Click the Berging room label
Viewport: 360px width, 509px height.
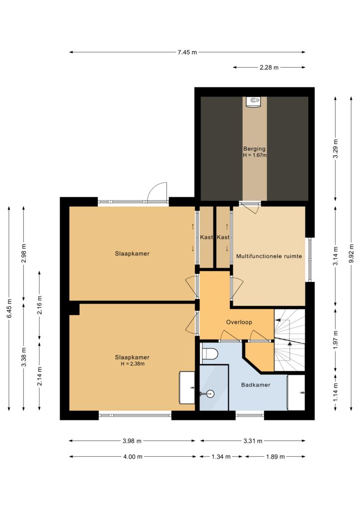click(254, 149)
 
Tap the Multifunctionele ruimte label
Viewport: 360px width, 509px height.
click(269, 256)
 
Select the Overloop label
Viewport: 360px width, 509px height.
click(239, 322)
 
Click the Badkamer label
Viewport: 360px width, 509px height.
click(256, 385)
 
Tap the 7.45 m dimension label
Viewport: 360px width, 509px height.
click(187, 52)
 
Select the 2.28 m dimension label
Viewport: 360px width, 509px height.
click(269, 68)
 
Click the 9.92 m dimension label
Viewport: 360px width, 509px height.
click(351, 253)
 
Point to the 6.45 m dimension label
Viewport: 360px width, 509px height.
click(9, 308)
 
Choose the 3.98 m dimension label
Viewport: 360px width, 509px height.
click(132, 441)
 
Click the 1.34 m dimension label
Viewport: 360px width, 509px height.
click(221, 457)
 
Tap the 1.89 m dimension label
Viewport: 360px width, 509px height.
click(275, 457)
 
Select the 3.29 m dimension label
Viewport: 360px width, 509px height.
click(335, 149)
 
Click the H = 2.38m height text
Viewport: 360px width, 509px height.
click(132, 364)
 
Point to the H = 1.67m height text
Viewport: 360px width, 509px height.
click(255, 155)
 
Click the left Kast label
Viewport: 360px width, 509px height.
click(206, 237)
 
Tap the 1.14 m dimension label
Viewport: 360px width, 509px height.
click(335, 392)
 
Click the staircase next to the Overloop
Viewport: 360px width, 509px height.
click(289, 340)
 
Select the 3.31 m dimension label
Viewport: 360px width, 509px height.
click(253, 441)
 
